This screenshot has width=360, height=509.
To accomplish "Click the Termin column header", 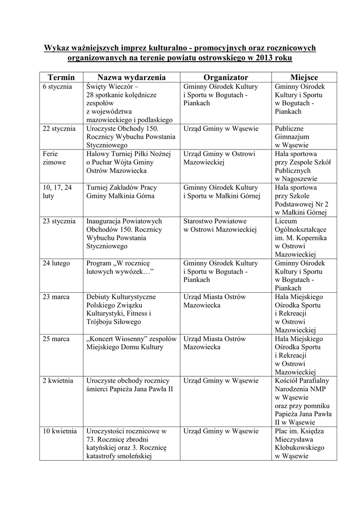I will coord(61,77).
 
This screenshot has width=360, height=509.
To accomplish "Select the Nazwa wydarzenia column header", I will coord(131,77).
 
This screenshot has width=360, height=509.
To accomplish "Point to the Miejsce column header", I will coord(304,77).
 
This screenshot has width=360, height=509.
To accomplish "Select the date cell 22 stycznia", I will coord(59,128).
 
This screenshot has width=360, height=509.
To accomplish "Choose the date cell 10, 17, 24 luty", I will coord(57,191).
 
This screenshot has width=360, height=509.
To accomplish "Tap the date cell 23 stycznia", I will coord(59,221).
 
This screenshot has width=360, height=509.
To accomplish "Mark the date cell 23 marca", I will coord(56,297).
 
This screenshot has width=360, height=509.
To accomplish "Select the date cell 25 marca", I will coord(56,339).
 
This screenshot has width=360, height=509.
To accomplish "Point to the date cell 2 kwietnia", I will coord(58,381).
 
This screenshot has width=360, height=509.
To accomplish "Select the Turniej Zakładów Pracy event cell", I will coord(120,191).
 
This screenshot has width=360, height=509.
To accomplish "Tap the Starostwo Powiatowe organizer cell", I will coord(219,225).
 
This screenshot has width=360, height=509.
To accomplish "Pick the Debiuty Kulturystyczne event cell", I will coord(121,309).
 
